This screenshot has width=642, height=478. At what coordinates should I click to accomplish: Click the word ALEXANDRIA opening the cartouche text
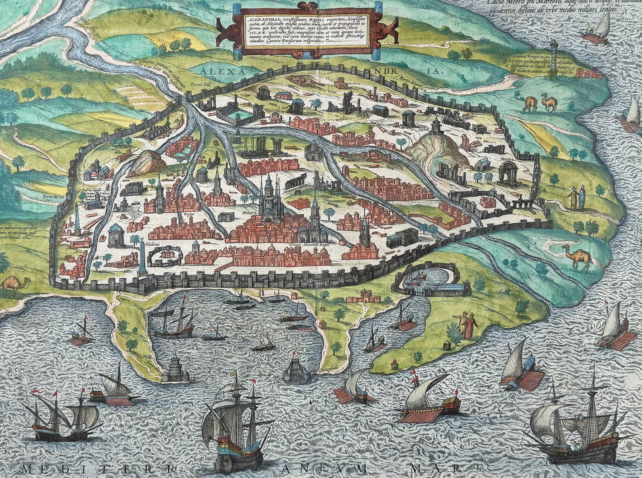pos(260,19)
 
